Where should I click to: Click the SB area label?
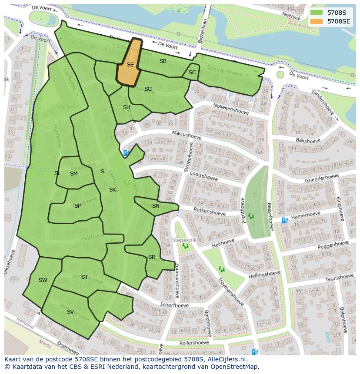click(163, 61)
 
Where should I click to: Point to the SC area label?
click(192, 73)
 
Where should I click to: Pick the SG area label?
click(148, 89)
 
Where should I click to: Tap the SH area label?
click(127, 107)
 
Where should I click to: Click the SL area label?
click(57, 173)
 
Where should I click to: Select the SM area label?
click(74, 174)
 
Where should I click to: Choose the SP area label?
click(77, 206)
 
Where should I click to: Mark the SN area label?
click(156, 206)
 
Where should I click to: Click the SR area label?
click(151, 257)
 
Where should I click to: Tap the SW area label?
click(43, 280)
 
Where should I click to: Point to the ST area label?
click(84, 277)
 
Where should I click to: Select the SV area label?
click(70, 312)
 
